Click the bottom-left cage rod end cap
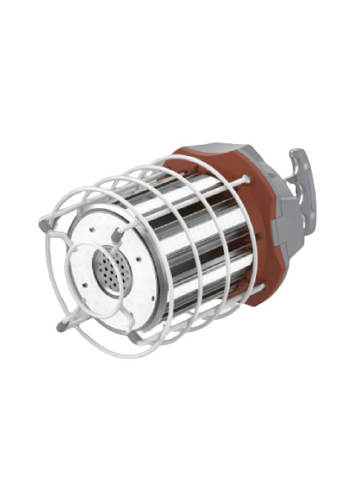pyautogui.click(x=63, y=324)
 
